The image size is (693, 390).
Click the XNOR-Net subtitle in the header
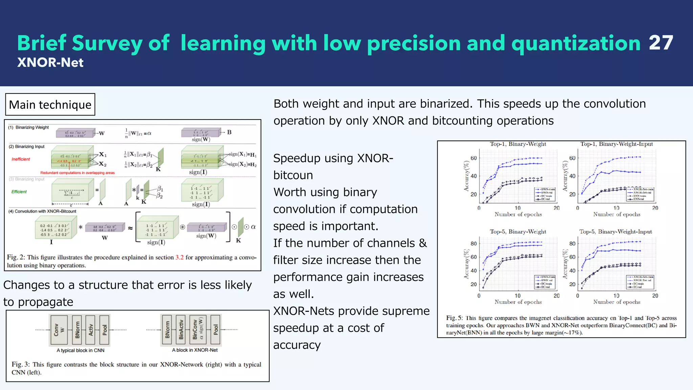pos(50,63)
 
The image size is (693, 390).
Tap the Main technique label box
pos(50,105)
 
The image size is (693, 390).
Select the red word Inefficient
pos(21,159)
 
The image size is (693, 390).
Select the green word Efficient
pos(19,192)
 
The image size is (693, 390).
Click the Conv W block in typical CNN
pos(59,330)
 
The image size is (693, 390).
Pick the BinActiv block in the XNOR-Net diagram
pos(181,330)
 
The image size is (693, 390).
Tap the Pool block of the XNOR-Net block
pos(216,330)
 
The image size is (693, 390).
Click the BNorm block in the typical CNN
pos(77,330)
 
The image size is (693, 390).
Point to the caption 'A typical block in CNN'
pos(80,350)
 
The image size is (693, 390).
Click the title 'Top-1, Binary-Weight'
pos(518,144)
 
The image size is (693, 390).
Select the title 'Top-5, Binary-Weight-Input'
pos(616,232)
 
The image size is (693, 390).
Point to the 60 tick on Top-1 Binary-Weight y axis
pos(474,158)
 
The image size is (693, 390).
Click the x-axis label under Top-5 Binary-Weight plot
pos(518,302)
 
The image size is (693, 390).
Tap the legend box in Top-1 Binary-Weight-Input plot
pos(641,194)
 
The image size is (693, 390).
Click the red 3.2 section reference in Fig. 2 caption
pos(179,257)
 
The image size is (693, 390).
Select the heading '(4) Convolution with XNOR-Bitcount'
pos(42,211)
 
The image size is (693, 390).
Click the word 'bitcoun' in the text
pos(293,175)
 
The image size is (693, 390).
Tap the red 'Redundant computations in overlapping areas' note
pos(77,173)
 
